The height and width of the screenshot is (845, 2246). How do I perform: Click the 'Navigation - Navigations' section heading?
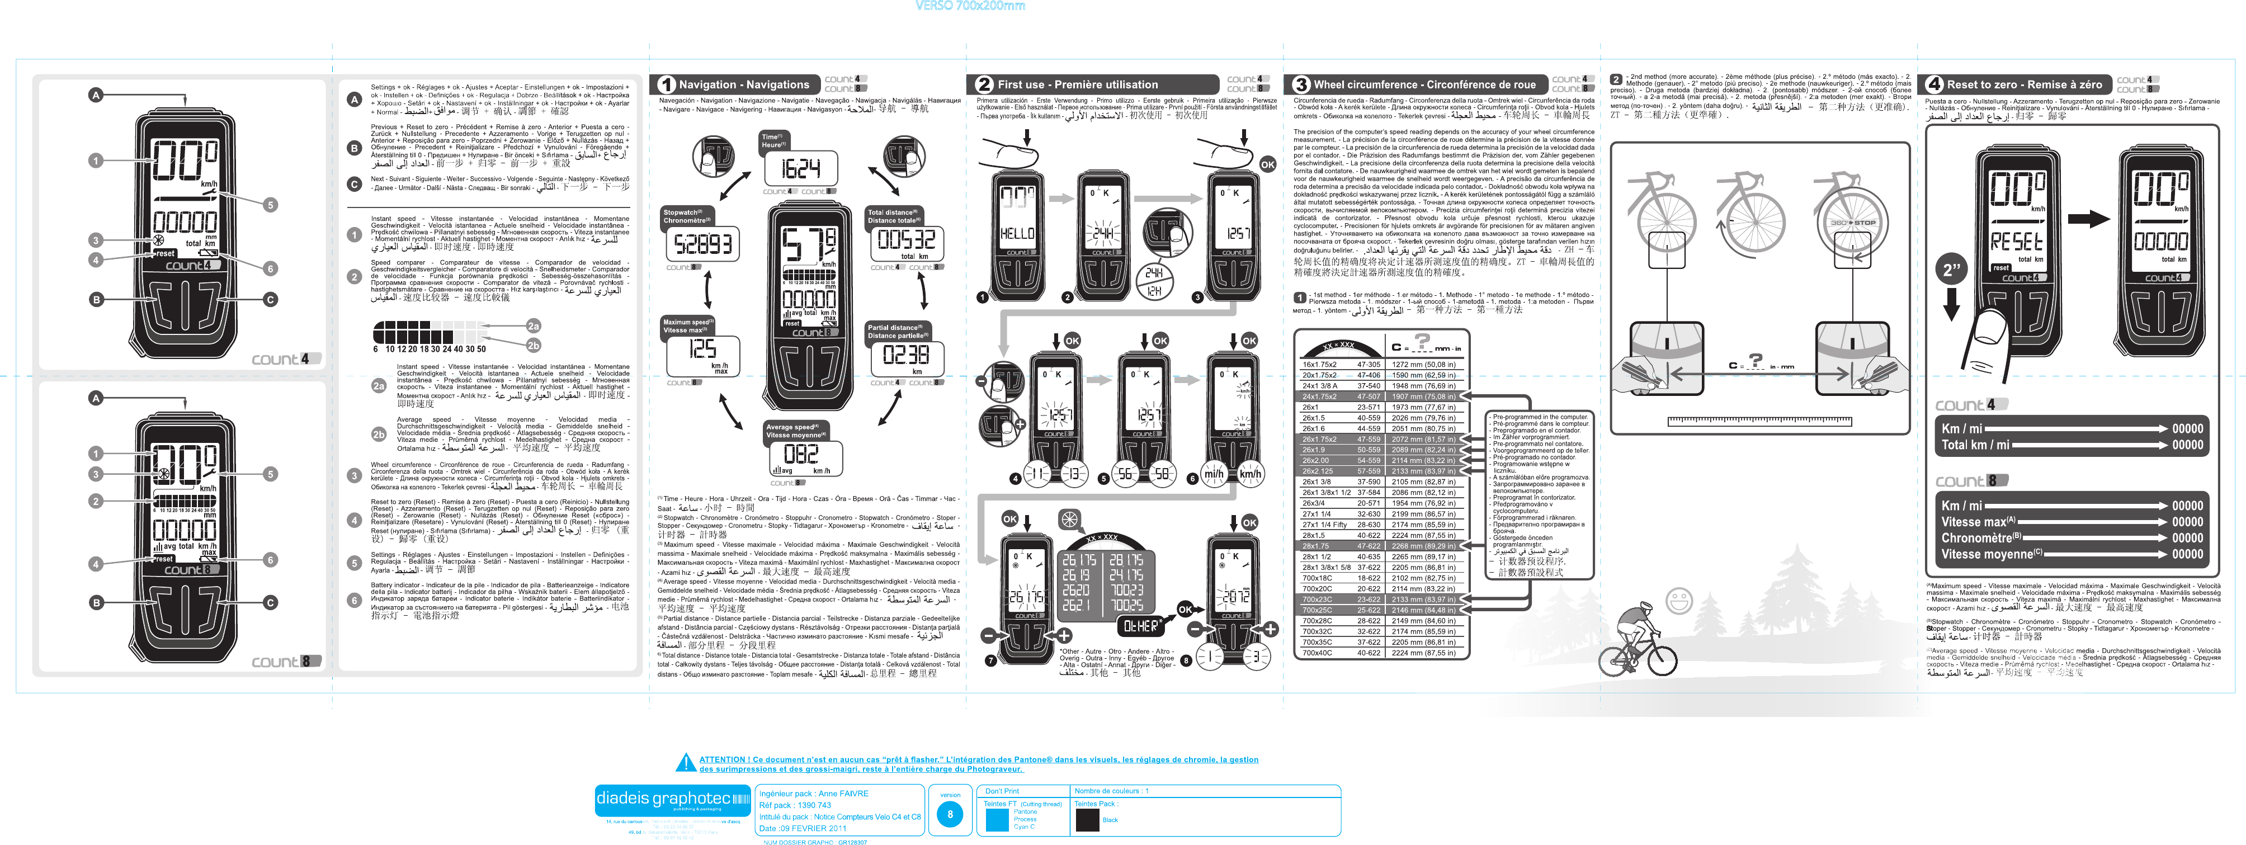(744, 84)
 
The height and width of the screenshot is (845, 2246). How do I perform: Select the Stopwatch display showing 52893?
(703, 244)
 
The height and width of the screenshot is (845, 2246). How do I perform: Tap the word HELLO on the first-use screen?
(1017, 234)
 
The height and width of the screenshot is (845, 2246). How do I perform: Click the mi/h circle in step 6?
(1213, 474)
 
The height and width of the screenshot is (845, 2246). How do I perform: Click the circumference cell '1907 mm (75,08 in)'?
(1423, 396)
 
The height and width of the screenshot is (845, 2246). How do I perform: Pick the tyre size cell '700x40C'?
(1317, 652)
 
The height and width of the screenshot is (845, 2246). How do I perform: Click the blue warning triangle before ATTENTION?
(685, 763)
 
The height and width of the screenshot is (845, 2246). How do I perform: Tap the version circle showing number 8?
(950, 814)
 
